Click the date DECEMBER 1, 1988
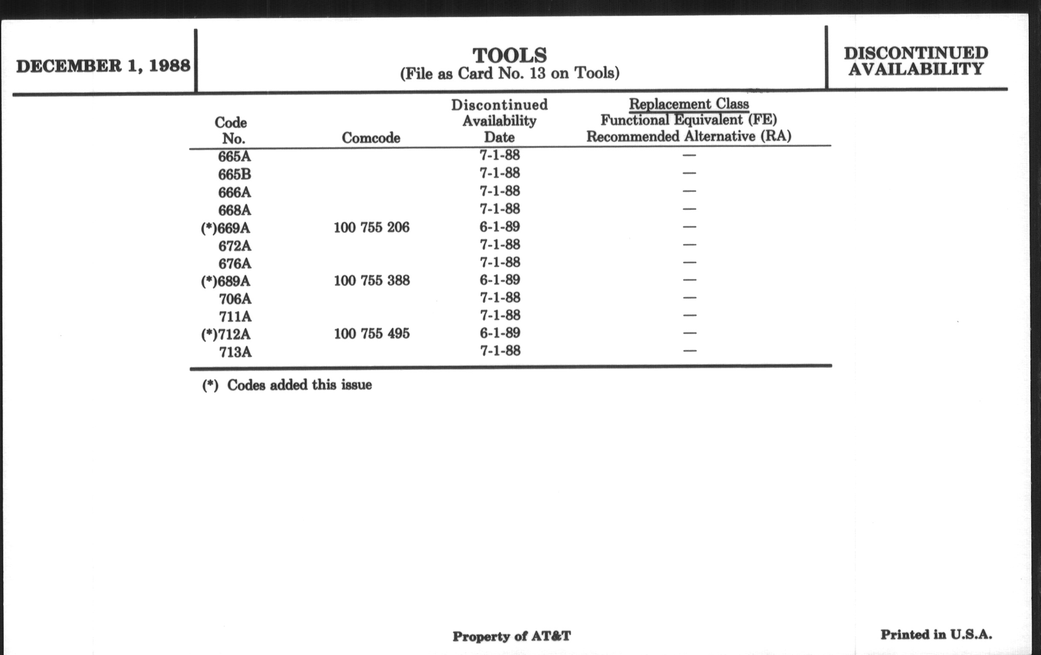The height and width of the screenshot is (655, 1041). coord(103,66)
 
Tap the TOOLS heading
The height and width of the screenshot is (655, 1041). coord(510,56)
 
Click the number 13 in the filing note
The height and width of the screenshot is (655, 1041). coord(537,73)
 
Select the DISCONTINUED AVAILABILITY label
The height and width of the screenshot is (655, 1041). coord(916,61)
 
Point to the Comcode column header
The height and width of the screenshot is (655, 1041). coord(371,138)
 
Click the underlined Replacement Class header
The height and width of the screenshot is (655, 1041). coord(689,104)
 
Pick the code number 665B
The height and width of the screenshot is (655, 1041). coord(234,175)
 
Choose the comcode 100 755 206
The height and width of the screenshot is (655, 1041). coord(372,227)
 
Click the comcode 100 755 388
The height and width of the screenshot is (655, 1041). coord(372,280)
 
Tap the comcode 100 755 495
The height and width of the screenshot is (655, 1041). coord(372,334)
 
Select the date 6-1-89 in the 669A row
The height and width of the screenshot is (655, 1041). coord(500,227)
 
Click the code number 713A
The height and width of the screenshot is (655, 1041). coord(235,352)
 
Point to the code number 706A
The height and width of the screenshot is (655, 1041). coord(235,299)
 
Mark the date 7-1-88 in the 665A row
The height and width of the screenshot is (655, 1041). coord(500,155)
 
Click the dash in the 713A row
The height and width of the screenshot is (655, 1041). coord(690,351)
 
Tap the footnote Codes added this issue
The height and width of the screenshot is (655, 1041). coord(299,385)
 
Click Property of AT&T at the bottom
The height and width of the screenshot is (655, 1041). coord(512,636)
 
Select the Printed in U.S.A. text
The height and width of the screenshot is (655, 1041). coord(936,635)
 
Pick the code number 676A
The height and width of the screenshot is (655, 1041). coord(234,263)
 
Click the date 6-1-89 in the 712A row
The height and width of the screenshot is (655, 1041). coord(500,333)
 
